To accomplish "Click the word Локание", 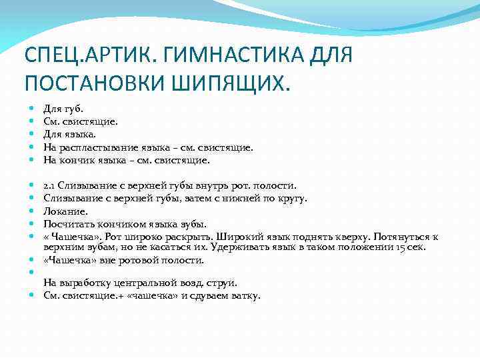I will pyautogui.click(x=63, y=211).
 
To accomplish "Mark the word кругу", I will pyautogui.click(x=293, y=198).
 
